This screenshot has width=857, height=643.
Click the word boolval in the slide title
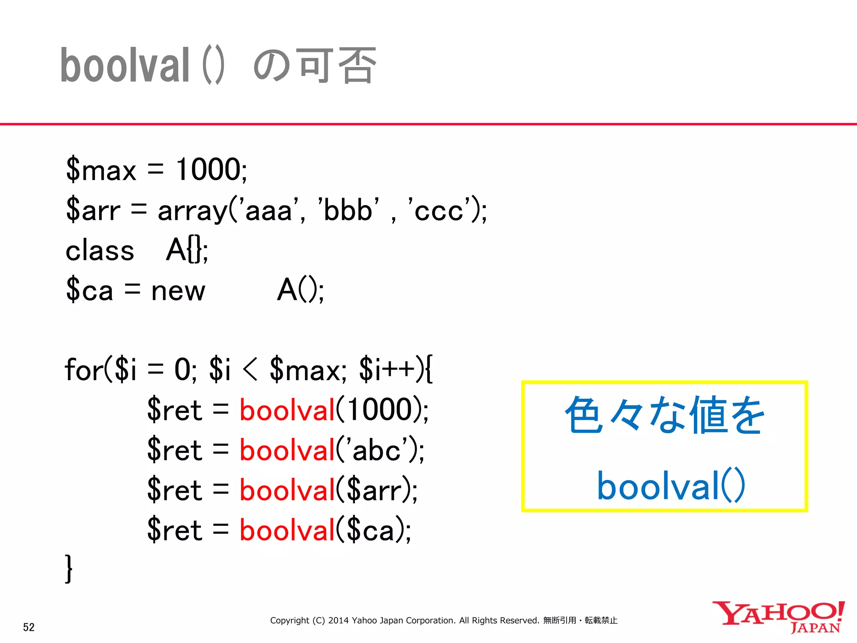pos(125,65)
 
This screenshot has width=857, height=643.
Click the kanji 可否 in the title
pos(335,65)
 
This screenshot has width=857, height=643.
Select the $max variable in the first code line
pos(101,170)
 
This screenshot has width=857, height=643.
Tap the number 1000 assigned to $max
pos(208,170)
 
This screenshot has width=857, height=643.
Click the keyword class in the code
pos(100,250)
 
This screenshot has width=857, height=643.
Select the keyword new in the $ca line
pos(178,291)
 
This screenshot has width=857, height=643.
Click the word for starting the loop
pos(84,370)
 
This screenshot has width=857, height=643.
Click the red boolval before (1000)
pos(287,410)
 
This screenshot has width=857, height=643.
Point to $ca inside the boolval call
pos(371,530)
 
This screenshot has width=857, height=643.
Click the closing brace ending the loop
pos(69,568)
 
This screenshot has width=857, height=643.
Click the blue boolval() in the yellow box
pos(671,486)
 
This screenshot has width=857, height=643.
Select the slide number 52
pos(29,627)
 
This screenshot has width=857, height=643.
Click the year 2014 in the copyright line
pos(338,620)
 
